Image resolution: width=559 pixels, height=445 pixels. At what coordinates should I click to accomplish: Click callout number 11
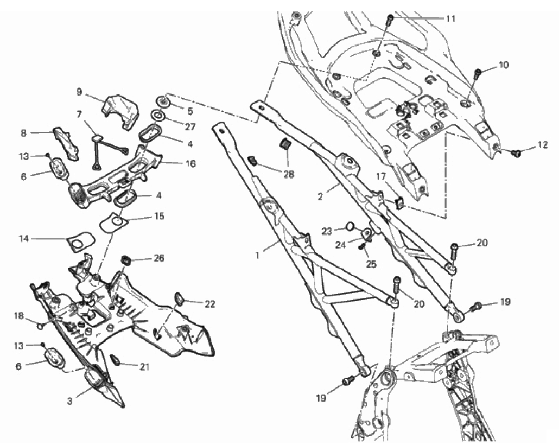[450, 18]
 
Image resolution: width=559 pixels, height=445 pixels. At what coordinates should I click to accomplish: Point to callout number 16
[190, 163]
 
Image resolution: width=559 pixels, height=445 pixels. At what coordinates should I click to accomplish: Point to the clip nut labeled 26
[125, 260]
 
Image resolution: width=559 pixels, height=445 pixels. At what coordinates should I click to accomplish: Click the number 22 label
[210, 304]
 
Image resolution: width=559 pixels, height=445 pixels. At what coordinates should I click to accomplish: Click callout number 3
[70, 401]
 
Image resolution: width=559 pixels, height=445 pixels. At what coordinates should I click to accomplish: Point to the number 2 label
[320, 196]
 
